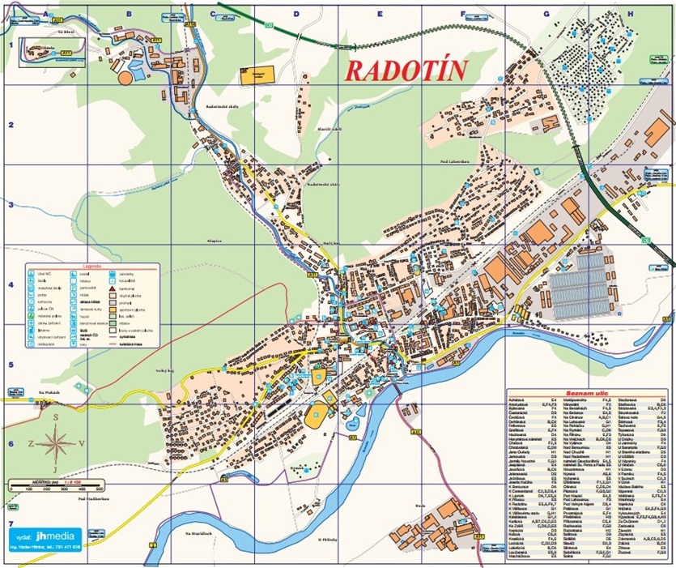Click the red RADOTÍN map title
click(406, 70)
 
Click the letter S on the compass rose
click(56, 417)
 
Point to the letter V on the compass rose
click(81, 443)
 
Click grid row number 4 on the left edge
click(11, 285)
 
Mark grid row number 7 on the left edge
click(11, 524)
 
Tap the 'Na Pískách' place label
click(50, 391)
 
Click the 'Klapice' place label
click(214, 241)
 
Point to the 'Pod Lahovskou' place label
click(454, 161)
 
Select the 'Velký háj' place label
click(167, 369)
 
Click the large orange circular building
click(126, 79)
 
